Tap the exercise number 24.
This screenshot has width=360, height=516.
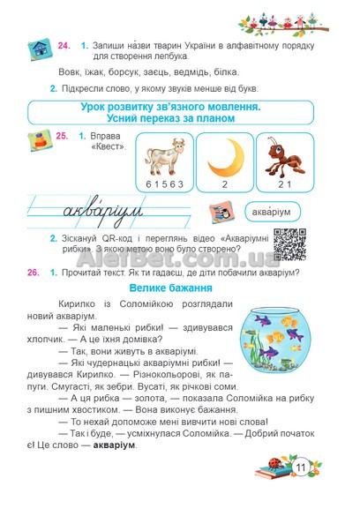pos(64,44)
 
